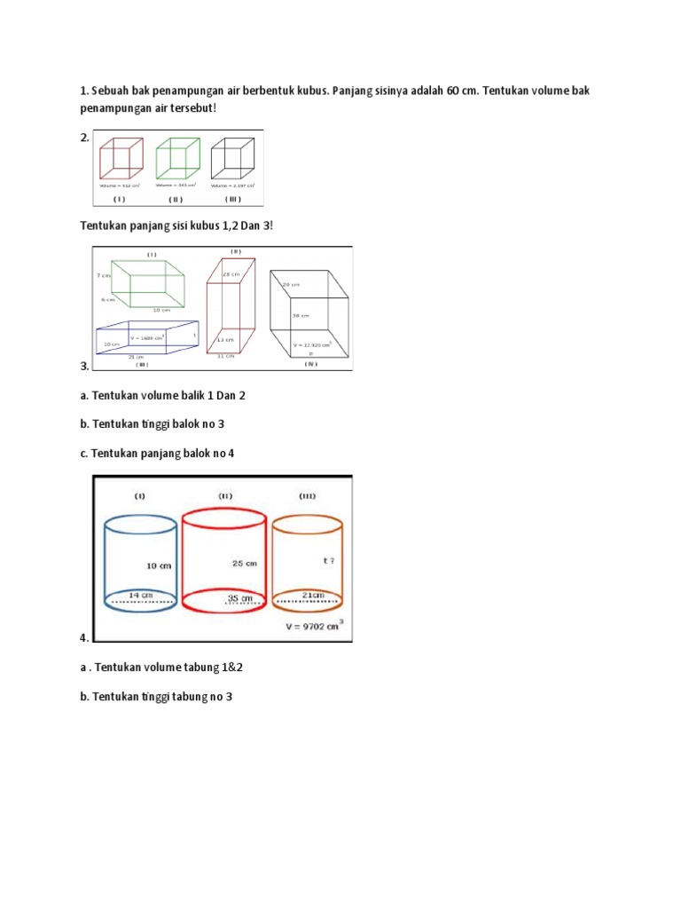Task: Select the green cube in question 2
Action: tap(177, 159)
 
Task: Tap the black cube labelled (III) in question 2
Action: tap(233, 159)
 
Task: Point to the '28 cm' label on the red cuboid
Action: tap(232, 274)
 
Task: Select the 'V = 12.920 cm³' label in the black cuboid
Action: tap(311, 344)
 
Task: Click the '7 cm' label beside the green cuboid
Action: tap(103, 276)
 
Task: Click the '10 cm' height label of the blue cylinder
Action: tap(159, 565)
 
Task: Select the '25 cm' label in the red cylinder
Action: tap(245, 563)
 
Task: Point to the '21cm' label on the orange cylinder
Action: tap(313, 594)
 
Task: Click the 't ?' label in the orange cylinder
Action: tap(329, 561)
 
